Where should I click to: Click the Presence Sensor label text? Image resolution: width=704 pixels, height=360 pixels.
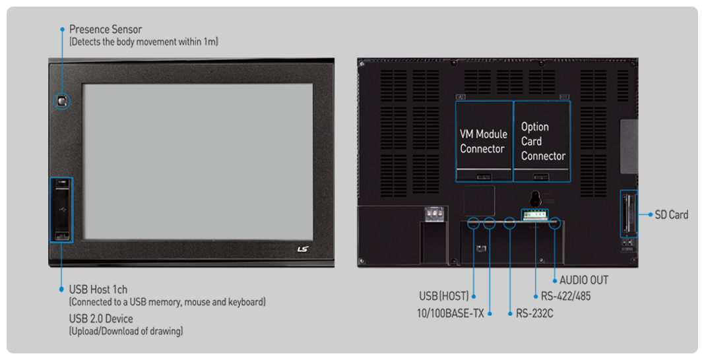106,30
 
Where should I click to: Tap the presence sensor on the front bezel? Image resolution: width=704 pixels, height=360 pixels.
62,100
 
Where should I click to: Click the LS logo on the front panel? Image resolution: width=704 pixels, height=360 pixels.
303,249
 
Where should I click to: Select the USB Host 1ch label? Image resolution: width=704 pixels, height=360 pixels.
98,289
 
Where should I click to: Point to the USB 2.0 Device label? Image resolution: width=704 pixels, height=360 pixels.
101,318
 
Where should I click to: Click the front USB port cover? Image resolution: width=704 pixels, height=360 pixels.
61,210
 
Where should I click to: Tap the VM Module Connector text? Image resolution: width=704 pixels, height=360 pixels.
484,141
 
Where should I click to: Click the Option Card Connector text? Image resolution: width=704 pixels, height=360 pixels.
543,141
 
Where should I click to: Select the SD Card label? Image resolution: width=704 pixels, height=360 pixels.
671,214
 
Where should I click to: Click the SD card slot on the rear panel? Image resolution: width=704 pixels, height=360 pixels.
629,214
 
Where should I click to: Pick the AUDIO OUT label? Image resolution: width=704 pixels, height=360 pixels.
584,280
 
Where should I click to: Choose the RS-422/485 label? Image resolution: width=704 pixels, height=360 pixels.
565,296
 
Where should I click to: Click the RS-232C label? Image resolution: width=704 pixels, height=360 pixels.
534,313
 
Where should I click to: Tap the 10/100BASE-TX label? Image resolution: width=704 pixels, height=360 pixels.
451,313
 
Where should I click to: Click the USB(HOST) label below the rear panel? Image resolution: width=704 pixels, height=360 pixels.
443,296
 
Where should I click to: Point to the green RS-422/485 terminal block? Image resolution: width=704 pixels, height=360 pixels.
534,214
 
